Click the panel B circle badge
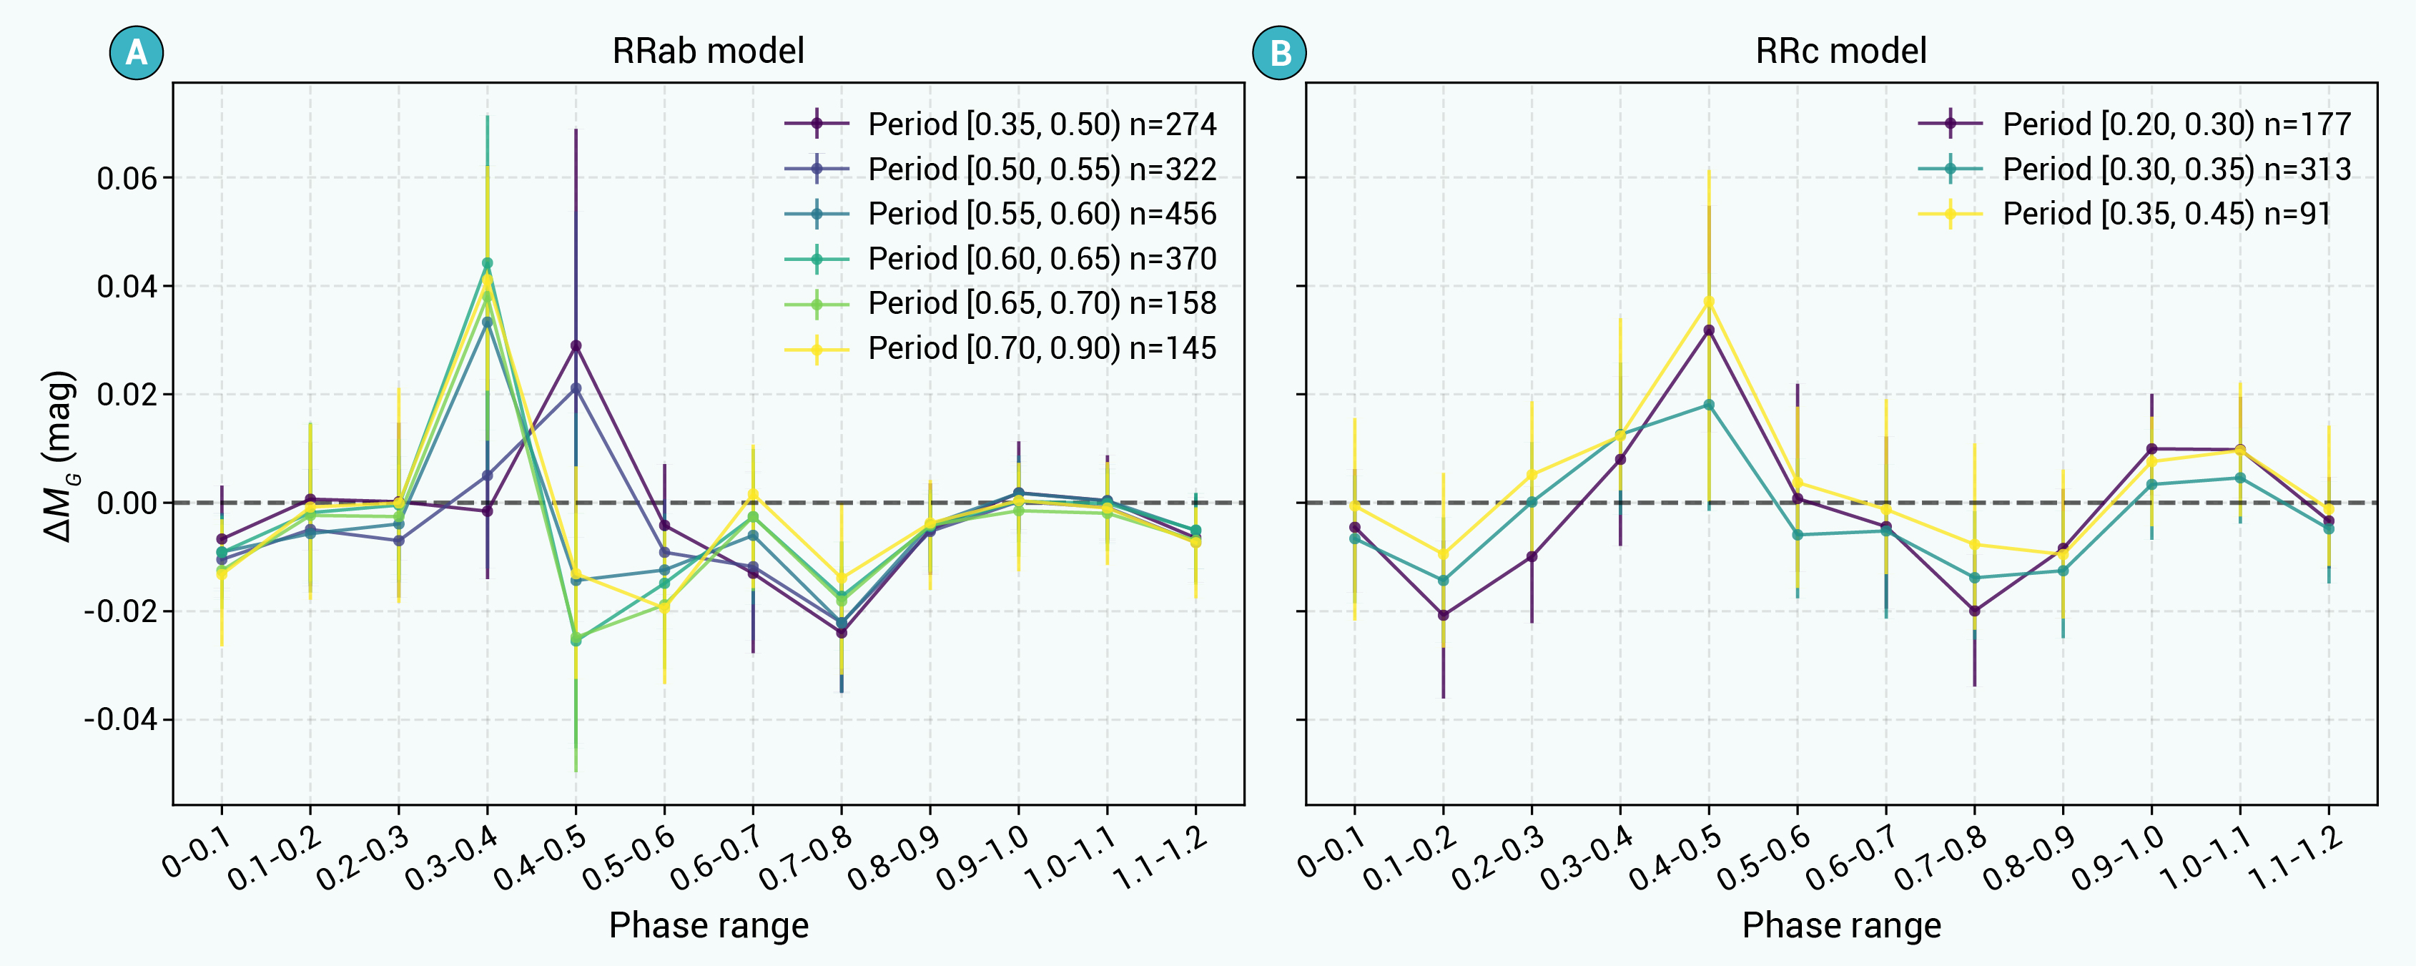pos(1279,51)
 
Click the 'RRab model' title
pos(708,51)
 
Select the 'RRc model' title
pos(1841,51)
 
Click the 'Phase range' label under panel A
pos(708,926)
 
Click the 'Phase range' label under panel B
pos(1841,926)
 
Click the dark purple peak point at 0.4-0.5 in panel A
pos(576,346)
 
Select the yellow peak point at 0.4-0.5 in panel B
pos(1709,301)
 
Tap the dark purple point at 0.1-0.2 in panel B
pos(1444,615)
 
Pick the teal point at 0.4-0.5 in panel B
pos(1709,405)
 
